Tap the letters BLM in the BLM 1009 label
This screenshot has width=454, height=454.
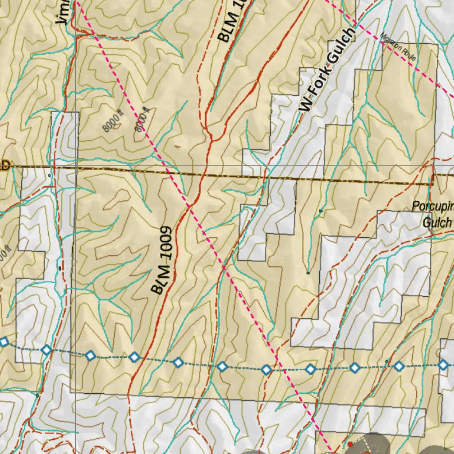point(160,279)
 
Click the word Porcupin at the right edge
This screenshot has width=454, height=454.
point(432,206)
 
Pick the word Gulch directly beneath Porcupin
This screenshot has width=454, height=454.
point(437,222)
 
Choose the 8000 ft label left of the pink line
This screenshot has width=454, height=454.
point(112,122)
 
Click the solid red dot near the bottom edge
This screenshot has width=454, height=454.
point(350,444)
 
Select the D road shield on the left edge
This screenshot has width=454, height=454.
point(4,165)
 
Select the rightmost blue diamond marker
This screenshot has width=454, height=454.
point(443,364)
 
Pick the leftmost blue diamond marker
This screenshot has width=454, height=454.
point(4,342)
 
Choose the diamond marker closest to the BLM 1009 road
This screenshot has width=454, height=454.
point(134,357)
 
